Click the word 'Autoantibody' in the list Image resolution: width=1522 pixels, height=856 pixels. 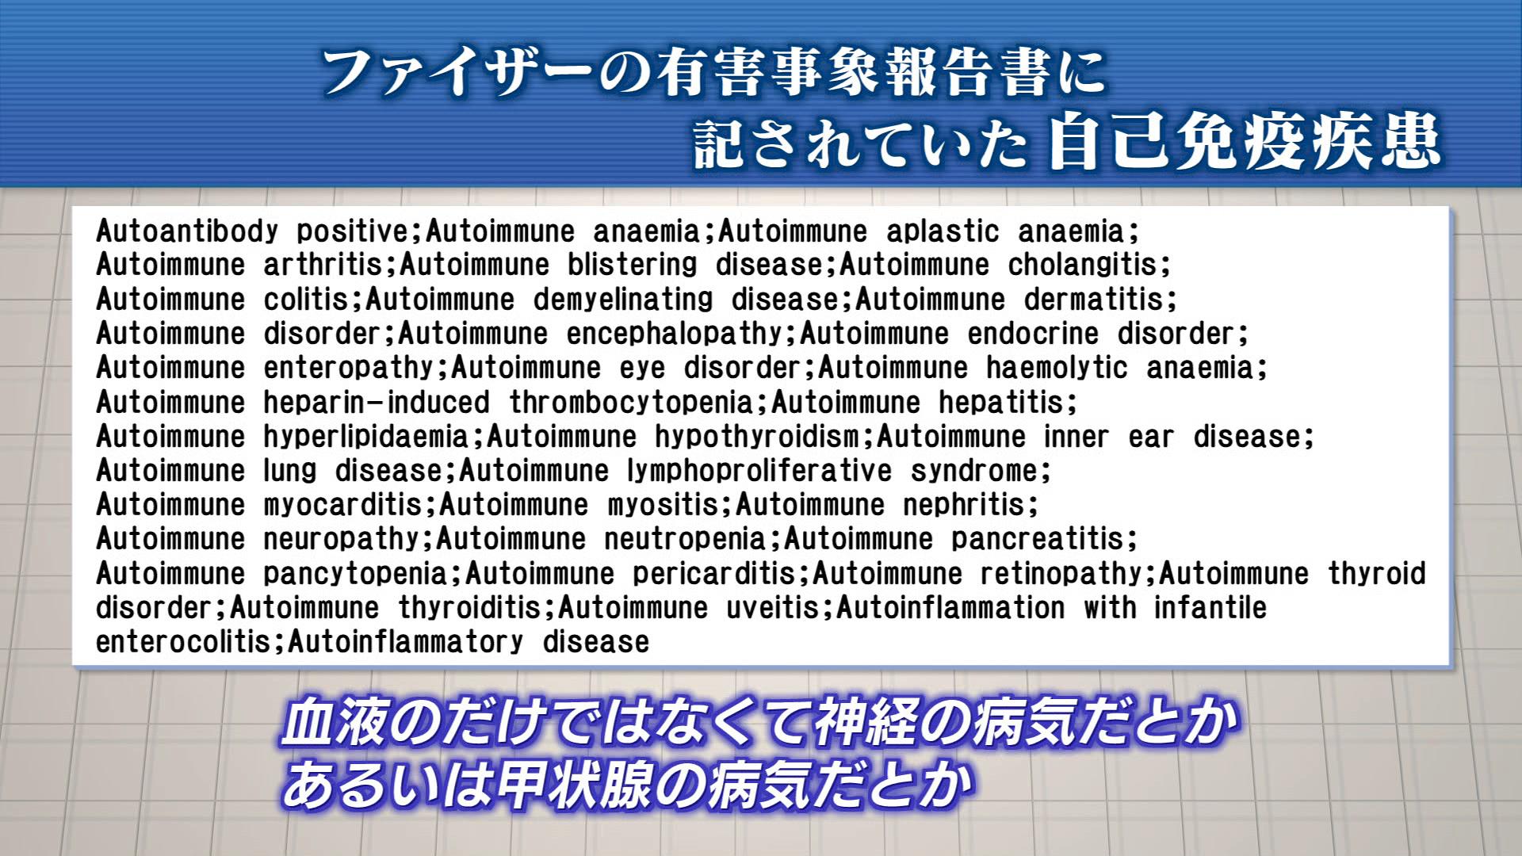coord(187,231)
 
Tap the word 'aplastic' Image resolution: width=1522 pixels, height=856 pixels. coord(943,231)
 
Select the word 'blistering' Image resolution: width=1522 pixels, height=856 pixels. coord(632,266)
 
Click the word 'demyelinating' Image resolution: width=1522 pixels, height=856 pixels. coord(623,300)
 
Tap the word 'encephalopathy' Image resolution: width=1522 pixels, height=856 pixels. coord(675,334)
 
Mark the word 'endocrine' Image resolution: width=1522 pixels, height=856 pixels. coord(1033,334)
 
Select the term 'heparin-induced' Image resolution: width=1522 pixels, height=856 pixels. coord(377,403)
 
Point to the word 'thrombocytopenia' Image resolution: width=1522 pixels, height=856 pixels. coord(631,403)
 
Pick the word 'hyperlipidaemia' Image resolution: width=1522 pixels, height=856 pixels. coord(366,437)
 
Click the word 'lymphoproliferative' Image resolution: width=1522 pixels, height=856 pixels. coord(759,471)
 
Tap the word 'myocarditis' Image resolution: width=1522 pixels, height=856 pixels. coord(342,505)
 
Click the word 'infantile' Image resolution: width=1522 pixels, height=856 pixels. coord(1210,608)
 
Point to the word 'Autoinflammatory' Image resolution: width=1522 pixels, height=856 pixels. coord(405,642)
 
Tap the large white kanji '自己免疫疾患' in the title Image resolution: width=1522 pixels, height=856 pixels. coord(1245,143)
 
